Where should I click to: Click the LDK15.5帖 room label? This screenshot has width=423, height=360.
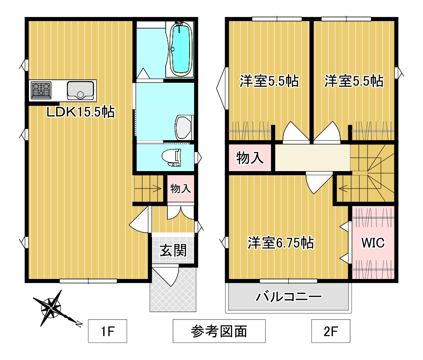81,112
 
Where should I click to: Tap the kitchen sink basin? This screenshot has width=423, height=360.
81,90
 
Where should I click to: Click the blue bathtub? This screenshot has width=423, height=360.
180,49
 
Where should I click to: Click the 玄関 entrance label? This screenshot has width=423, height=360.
173,250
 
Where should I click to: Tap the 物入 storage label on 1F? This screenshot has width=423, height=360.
181,189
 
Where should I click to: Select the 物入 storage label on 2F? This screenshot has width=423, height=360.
250,157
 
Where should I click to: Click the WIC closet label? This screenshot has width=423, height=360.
373,243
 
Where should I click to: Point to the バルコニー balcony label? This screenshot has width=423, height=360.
288,297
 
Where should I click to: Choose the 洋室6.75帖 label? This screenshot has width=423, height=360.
280,243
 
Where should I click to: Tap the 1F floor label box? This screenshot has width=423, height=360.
107,331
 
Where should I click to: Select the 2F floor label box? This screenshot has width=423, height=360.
330,331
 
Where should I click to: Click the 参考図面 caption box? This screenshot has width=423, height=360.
219,331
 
